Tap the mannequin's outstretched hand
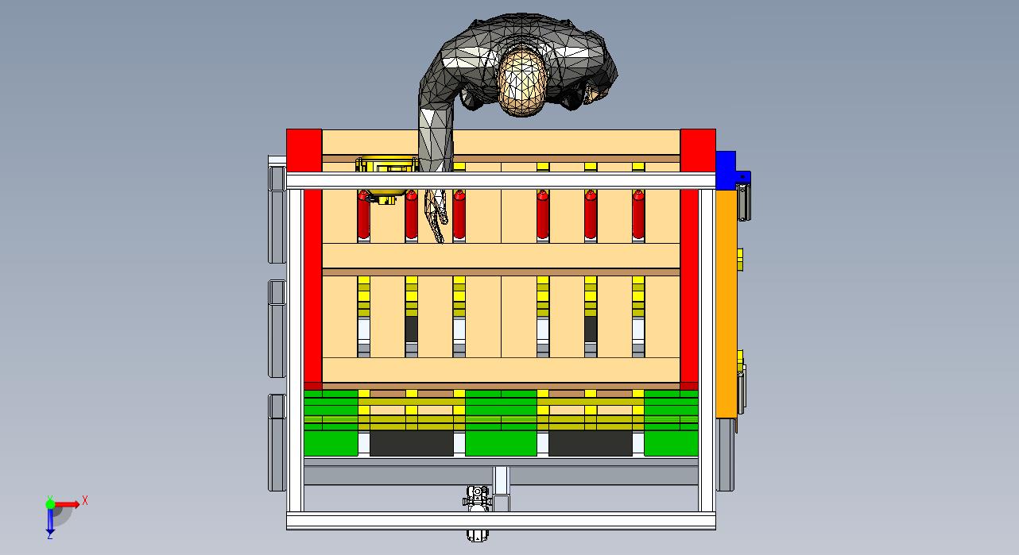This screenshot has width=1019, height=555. point(436,214)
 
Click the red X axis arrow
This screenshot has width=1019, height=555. point(67,504)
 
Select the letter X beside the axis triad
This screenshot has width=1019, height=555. point(85,501)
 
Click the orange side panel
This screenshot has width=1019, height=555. point(726,303)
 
